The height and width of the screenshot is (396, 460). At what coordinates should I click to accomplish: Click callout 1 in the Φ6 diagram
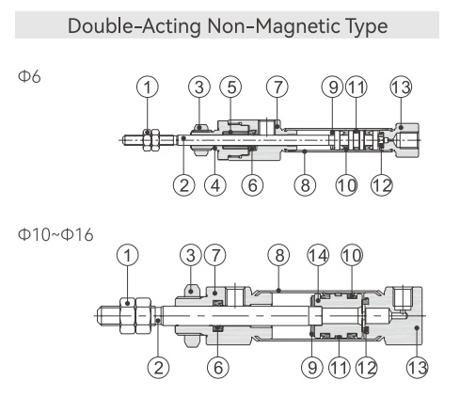[148, 87]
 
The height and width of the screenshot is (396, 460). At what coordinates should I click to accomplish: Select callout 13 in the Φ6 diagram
[401, 87]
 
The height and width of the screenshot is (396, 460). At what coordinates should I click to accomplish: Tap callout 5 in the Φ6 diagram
[230, 87]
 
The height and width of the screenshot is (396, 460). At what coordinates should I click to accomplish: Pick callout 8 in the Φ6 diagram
[305, 185]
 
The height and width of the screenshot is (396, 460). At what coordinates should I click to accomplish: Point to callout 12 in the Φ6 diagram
[382, 185]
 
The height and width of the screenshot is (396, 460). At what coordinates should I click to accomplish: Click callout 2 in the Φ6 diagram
[183, 185]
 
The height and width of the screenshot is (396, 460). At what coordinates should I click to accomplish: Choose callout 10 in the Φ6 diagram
[346, 185]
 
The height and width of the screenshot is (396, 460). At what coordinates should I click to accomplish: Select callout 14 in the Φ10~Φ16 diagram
[318, 255]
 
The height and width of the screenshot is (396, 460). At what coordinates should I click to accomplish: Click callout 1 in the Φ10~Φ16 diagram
[127, 255]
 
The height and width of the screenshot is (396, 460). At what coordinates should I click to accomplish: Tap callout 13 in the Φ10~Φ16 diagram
[417, 367]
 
